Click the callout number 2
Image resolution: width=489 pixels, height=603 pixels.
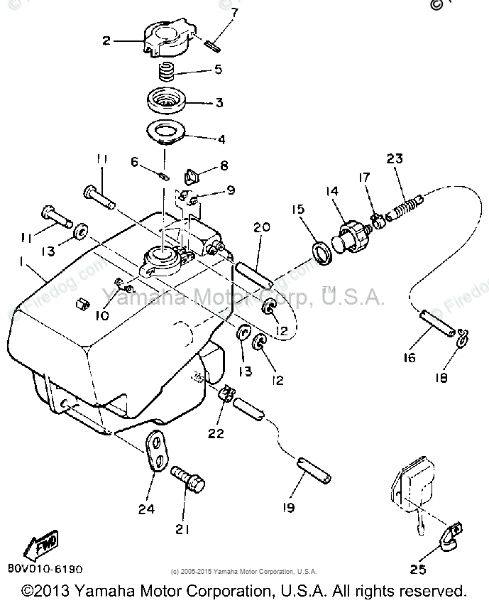[x=107, y=40]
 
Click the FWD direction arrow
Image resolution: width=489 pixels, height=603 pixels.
[x=40, y=545]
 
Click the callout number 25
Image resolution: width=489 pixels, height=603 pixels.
[x=418, y=568]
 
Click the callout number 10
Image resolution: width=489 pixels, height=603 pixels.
[x=102, y=314]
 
